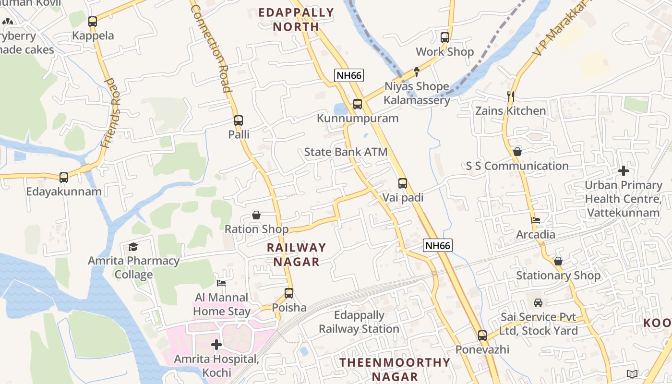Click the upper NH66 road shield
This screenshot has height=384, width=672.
349,75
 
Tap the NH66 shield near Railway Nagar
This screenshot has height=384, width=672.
438,245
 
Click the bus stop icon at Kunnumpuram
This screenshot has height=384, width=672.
357,104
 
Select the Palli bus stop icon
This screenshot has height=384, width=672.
239,120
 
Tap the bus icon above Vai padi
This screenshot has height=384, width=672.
403,183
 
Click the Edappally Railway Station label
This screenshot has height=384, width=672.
360,322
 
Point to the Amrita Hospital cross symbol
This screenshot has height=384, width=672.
216,344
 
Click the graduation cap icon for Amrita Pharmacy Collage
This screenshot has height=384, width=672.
133,247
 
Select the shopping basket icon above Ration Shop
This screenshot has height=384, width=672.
256,215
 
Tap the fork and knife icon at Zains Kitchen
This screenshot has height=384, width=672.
511,96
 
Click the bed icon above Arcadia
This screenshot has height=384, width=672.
536,220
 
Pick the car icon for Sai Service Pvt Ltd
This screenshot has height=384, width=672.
538,303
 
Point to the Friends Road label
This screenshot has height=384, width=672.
112,113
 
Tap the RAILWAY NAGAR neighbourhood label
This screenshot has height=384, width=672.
296,254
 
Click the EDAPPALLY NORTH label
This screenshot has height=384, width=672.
296,20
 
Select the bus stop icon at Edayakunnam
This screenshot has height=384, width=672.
64,178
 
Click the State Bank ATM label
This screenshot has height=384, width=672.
346,152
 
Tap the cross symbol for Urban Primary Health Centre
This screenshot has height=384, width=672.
624,170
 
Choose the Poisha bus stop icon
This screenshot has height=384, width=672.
289,293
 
